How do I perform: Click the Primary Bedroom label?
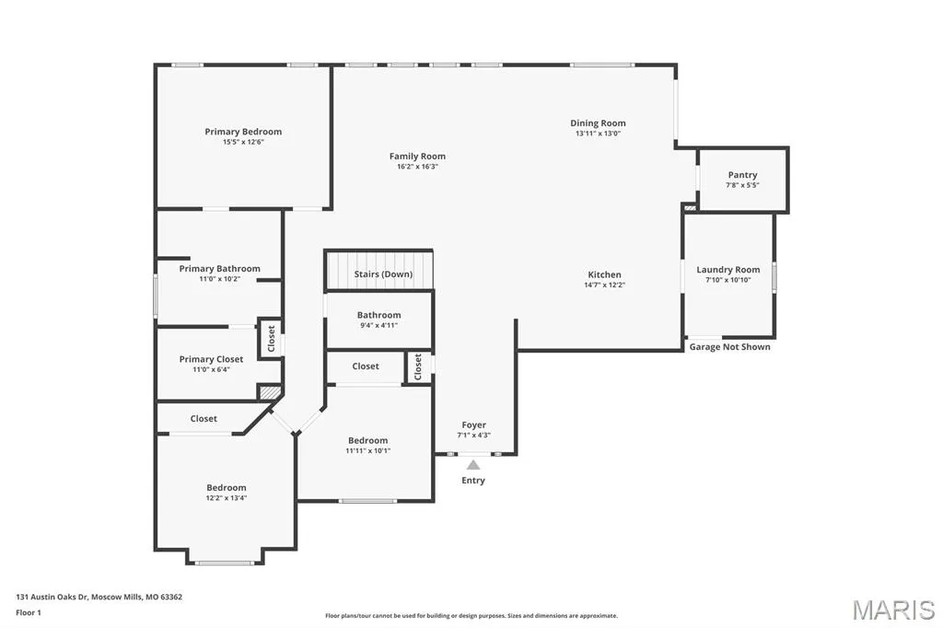(x=243, y=132)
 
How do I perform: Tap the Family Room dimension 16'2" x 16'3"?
(x=417, y=167)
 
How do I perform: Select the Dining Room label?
(x=598, y=123)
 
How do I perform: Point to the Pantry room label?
(x=743, y=175)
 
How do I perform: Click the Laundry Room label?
(x=728, y=270)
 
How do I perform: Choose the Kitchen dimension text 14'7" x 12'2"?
(x=604, y=285)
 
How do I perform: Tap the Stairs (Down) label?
(x=383, y=274)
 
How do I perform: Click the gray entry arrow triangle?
(x=473, y=464)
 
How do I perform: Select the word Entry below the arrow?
(x=473, y=480)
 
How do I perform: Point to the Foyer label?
(x=474, y=424)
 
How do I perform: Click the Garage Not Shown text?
(x=729, y=346)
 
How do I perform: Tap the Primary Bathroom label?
(x=219, y=269)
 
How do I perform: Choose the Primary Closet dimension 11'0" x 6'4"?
(x=211, y=369)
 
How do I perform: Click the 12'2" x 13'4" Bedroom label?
(x=227, y=488)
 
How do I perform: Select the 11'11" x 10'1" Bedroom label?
(x=367, y=440)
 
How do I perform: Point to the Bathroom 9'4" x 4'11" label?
(x=378, y=315)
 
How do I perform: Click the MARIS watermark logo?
(x=893, y=610)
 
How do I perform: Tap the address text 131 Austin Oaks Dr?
(x=52, y=598)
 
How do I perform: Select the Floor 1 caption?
(x=29, y=613)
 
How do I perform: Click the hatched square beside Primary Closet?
(x=270, y=391)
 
